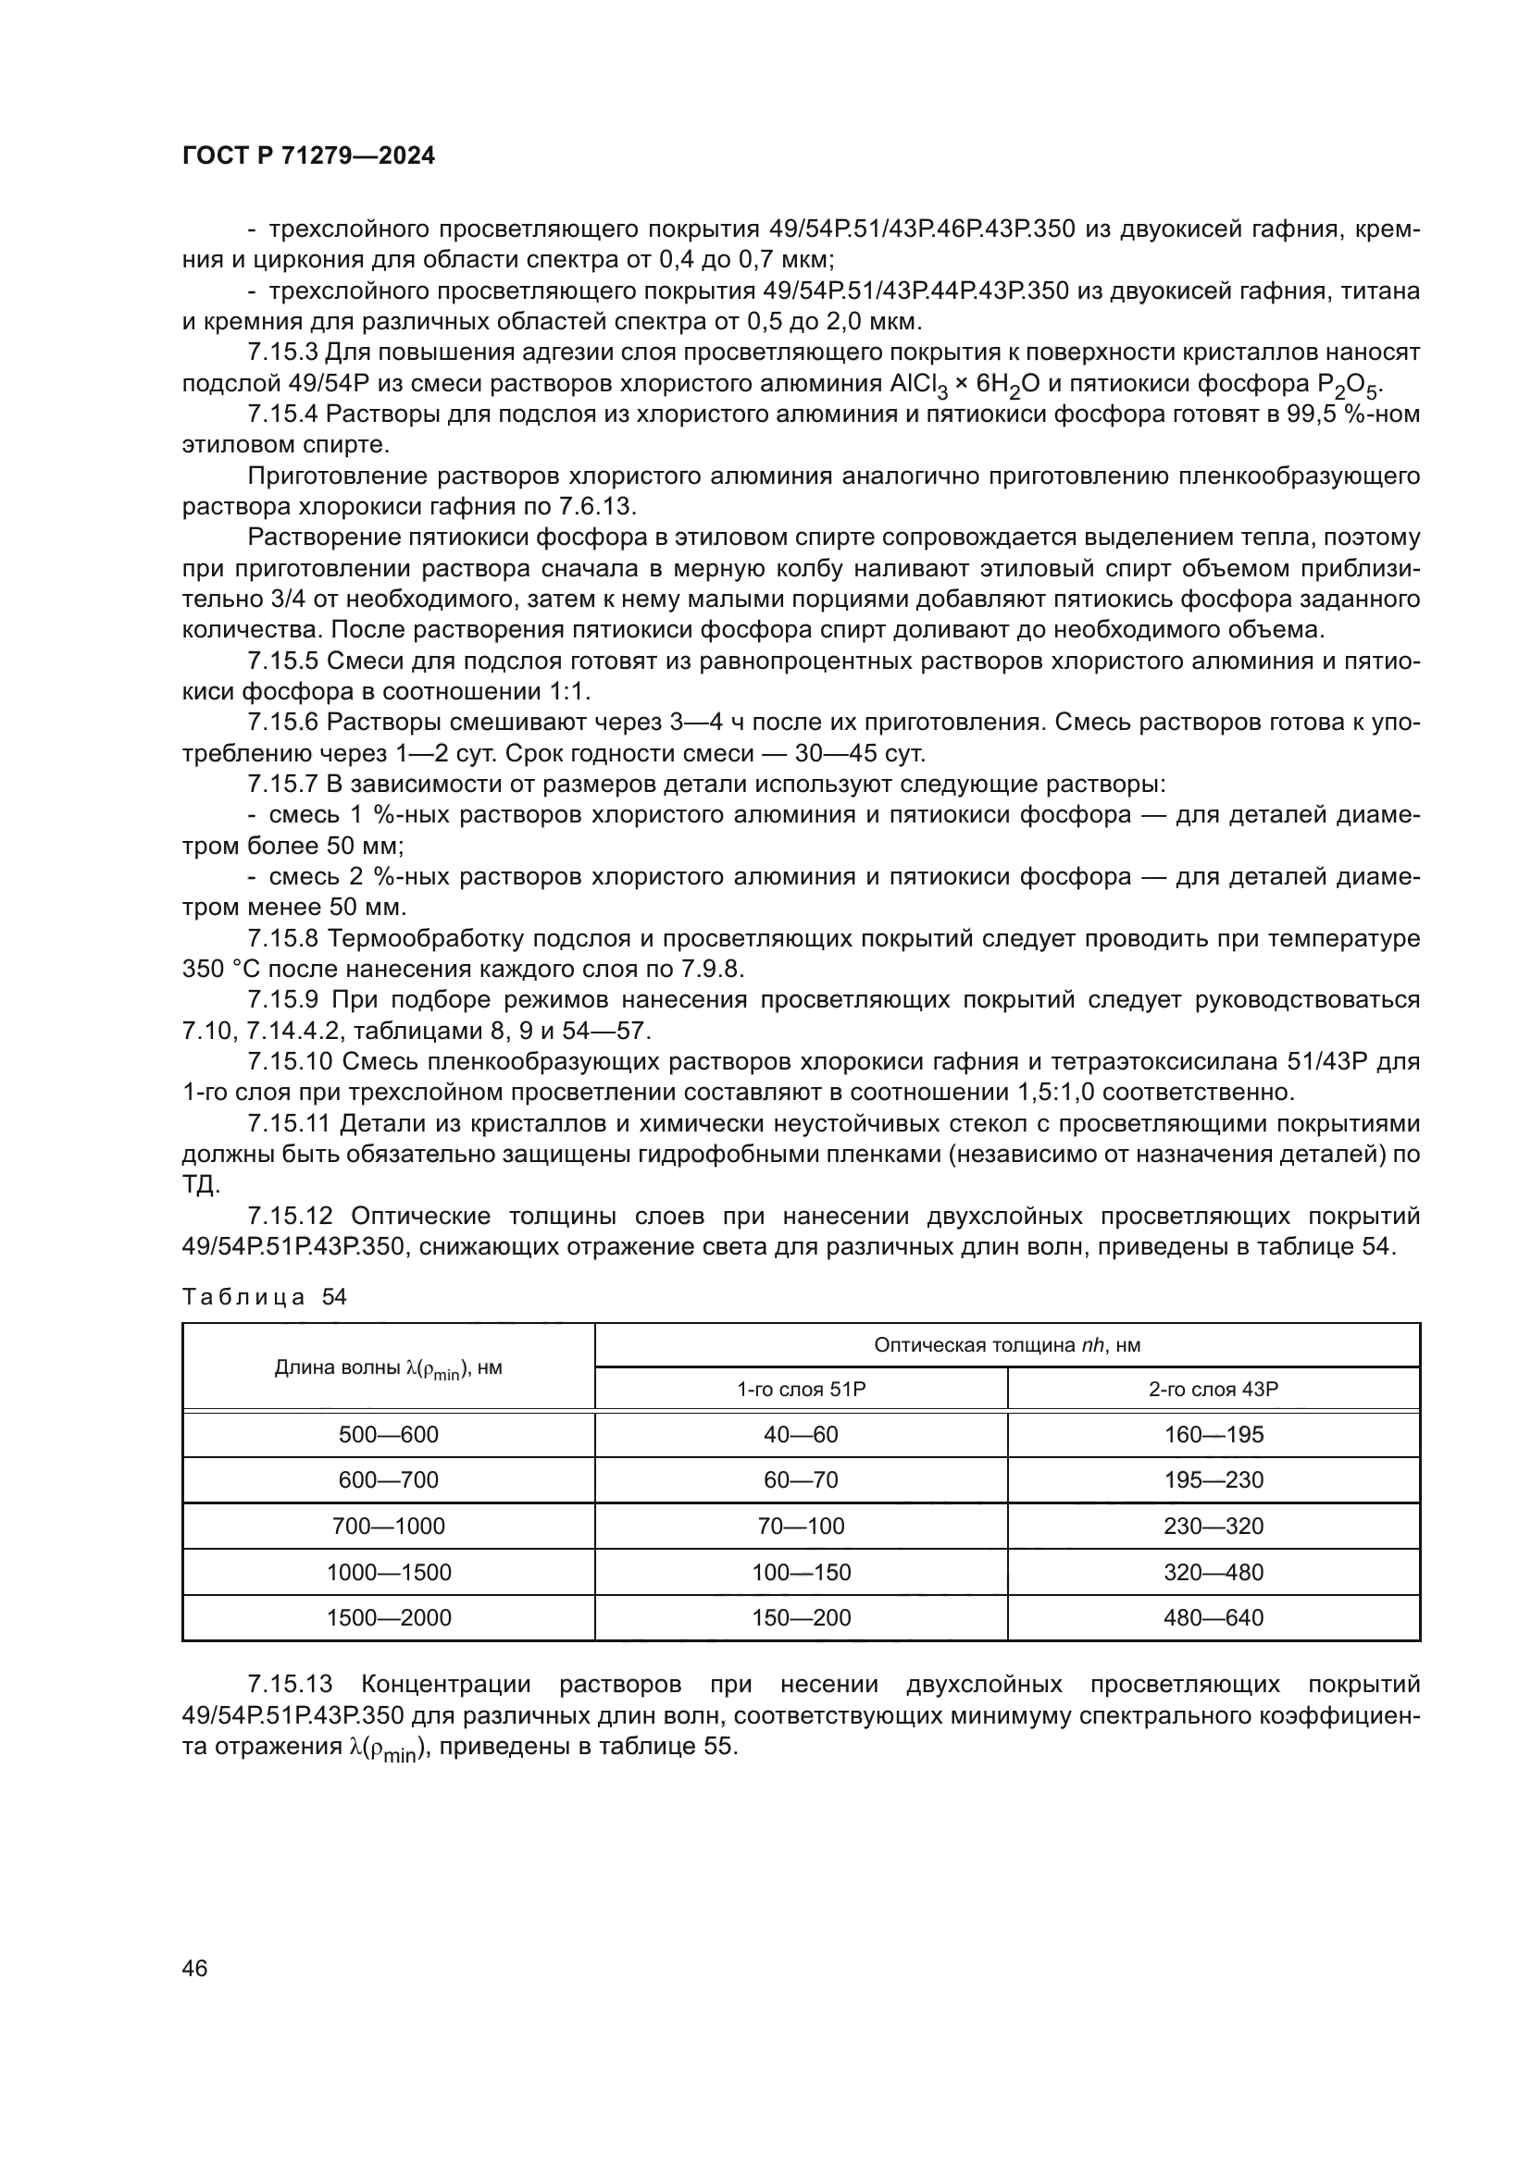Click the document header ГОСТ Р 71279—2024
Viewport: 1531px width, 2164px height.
308,156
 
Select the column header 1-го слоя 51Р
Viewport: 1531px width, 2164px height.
801,1389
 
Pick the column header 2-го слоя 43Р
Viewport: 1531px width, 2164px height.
1214,1389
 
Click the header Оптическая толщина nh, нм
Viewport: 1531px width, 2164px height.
1007,1345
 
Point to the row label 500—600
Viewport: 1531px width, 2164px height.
389,1435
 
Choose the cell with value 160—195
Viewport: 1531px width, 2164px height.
1214,1435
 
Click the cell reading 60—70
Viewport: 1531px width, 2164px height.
801,1479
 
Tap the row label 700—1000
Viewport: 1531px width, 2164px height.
389,1526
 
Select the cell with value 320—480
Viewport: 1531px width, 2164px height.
1214,1572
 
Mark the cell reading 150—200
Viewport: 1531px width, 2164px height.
801,1617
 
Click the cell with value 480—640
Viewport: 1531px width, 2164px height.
1214,1617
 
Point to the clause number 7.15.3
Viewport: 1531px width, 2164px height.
283,352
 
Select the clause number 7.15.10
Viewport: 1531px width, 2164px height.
291,1061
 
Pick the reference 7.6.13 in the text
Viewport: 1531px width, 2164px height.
598,506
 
